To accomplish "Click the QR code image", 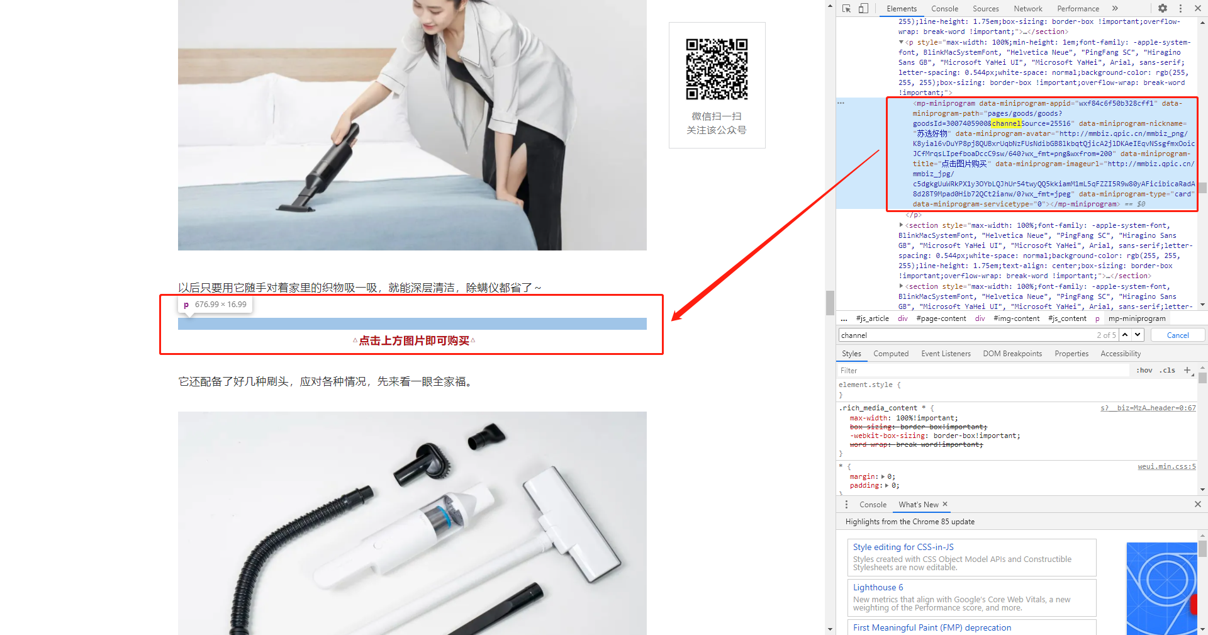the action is tap(717, 69).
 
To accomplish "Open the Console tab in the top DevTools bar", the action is tap(944, 9).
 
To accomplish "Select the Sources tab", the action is tap(985, 9).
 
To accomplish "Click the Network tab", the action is tap(1027, 9).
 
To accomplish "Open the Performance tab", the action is tap(1078, 9).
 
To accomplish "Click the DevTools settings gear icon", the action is tap(1163, 8).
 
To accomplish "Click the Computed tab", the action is tap(891, 354).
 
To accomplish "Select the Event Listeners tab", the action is tap(946, 354).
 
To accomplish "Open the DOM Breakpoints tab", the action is tap(1012, 354).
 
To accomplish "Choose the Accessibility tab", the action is tap(1121, 354).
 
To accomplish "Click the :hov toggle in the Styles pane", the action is tap(1144, 370).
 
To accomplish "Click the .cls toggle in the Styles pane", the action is tap(1168, 370).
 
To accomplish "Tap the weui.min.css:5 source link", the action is tap(1166, 466).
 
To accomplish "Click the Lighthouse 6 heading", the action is tap(878, 587).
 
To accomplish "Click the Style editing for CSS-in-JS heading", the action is tap(903, 547).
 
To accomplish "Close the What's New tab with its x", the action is tap(945, 504).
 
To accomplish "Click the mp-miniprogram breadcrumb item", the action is tap(1137, 318).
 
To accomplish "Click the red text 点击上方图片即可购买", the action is tap(414, 340).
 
